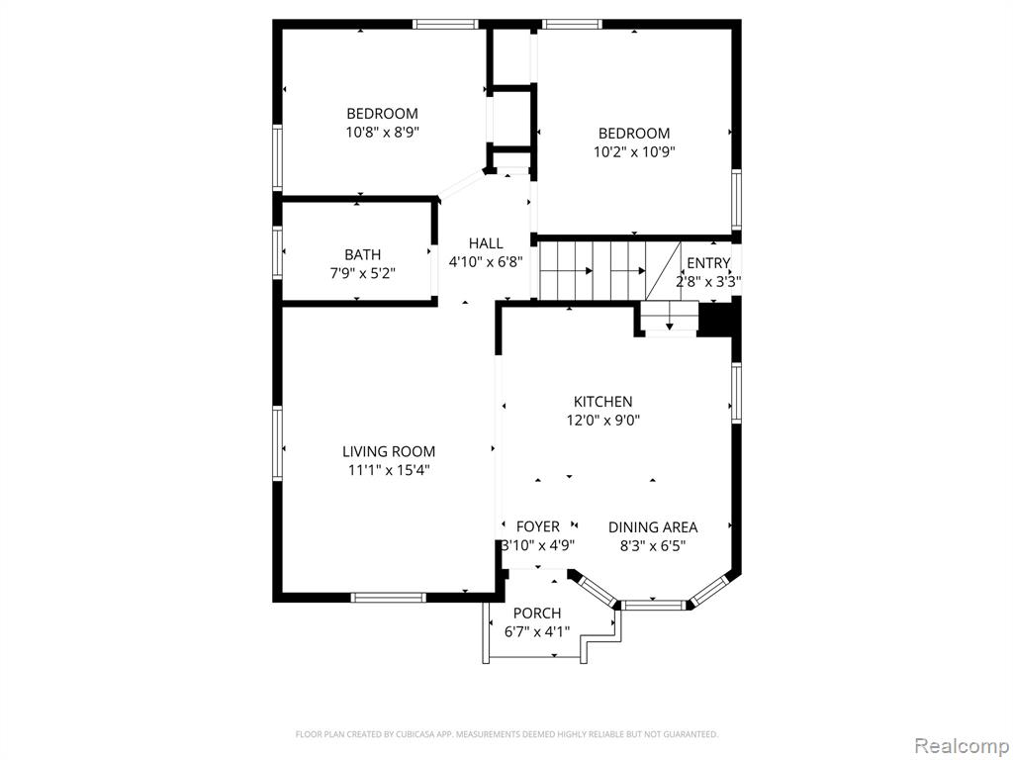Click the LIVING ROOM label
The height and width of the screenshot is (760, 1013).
pos(389,451)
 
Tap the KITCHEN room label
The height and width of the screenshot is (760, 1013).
pos(602,402)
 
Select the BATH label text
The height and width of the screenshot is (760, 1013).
pos(362,254)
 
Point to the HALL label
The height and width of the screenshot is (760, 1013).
pos(486,243)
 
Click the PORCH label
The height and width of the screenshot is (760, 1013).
pos(537,613)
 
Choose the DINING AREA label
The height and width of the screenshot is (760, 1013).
pos(653,527)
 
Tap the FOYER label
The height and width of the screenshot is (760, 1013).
pos(537,526)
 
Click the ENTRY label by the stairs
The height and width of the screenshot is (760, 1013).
pos(708,263)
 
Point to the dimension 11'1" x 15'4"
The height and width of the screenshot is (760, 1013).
pos(389,470)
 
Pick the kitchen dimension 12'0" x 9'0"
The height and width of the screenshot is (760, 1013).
pos(602,421)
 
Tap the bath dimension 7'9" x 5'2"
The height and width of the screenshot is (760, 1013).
pos(362,274)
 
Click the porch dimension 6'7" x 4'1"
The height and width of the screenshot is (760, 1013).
pos(537,631)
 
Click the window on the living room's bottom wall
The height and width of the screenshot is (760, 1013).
pos(388,597)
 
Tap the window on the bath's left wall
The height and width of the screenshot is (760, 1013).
pos(278,252)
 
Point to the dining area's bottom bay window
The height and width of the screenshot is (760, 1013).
pos(653,606)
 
